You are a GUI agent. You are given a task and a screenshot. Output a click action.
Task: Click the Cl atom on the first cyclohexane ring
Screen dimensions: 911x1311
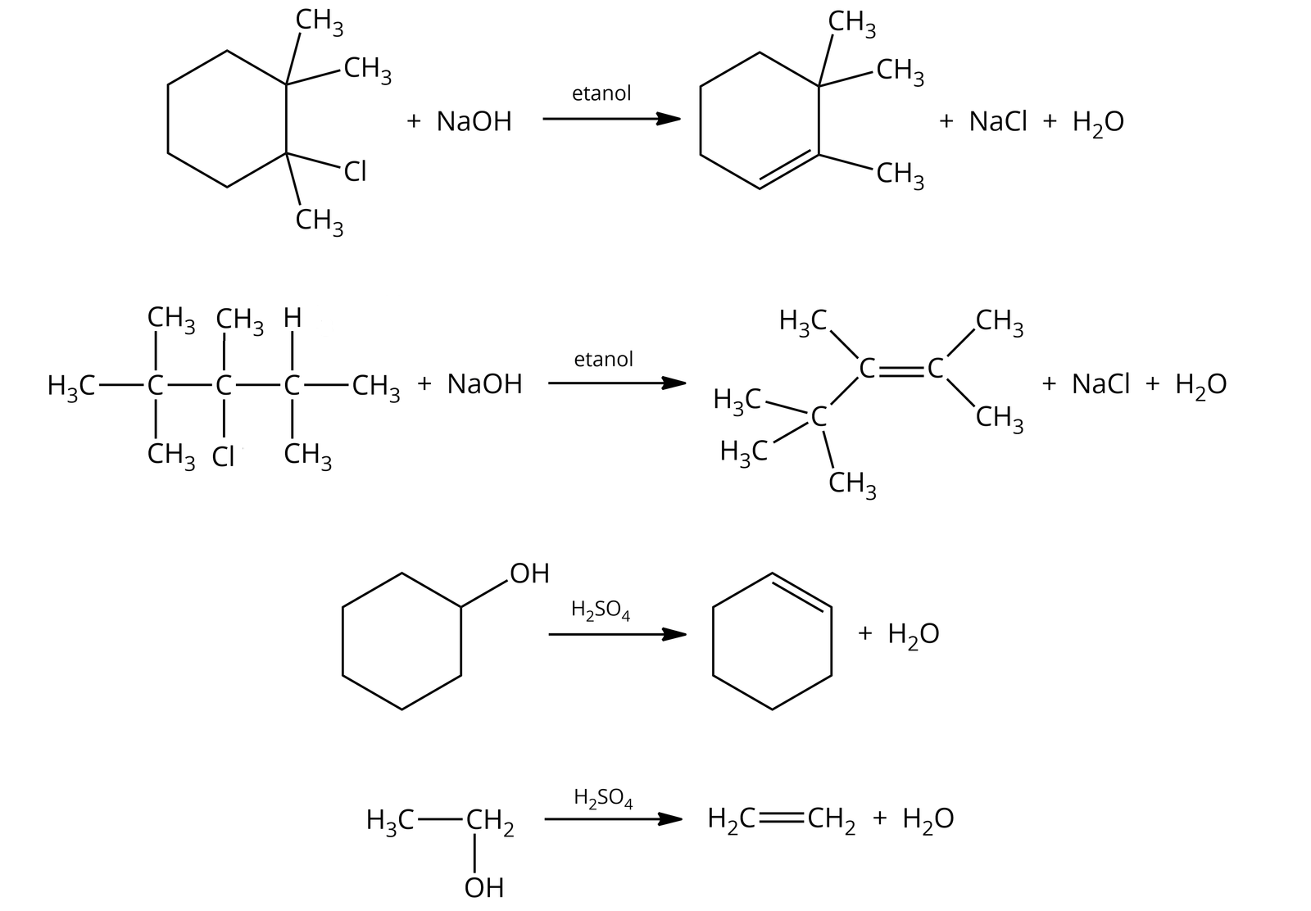355,172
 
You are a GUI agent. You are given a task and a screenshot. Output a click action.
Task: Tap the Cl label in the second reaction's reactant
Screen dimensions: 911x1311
223,456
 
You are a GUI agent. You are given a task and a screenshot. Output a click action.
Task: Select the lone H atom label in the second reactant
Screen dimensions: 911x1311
293,318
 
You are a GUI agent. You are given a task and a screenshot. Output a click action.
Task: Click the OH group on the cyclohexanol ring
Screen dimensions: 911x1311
529,573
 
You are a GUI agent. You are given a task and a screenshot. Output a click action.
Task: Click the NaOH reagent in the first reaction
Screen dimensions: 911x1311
474,122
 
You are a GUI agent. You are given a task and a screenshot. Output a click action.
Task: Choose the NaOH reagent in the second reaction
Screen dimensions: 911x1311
484,384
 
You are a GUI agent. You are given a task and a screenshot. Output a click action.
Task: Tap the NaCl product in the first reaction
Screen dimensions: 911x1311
997,122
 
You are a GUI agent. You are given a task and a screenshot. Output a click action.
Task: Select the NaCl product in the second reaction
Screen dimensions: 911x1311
1100,384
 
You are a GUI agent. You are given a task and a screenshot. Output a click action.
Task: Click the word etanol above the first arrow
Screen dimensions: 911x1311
601,93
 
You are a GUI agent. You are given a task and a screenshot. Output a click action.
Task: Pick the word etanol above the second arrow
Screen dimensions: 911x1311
604,359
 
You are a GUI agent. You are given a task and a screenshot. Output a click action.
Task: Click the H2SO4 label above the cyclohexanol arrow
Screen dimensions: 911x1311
601,610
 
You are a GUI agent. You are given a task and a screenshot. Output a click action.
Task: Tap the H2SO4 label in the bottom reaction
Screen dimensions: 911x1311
604,797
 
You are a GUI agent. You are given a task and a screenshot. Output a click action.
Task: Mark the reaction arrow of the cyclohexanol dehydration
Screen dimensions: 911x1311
616,634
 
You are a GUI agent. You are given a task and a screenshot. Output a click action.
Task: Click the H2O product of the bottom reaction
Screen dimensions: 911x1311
928,819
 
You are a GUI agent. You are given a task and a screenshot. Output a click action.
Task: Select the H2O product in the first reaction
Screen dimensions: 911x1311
1098,123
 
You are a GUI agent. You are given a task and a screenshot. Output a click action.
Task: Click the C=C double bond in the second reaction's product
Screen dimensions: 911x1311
903,370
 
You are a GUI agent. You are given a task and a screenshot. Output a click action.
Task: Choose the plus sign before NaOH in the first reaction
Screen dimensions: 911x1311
414,122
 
